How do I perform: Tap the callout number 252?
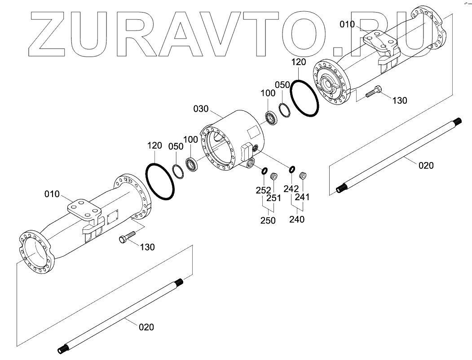[264, 189]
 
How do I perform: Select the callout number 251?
[274, 198]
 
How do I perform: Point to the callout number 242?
[291, 189]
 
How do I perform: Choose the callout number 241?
[302, 197]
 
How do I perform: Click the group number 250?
[268, 220]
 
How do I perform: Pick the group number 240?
[296, 219]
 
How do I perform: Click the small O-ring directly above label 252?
[265, 171]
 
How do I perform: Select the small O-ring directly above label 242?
[292, 169]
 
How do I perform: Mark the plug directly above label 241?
[302, 174]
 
